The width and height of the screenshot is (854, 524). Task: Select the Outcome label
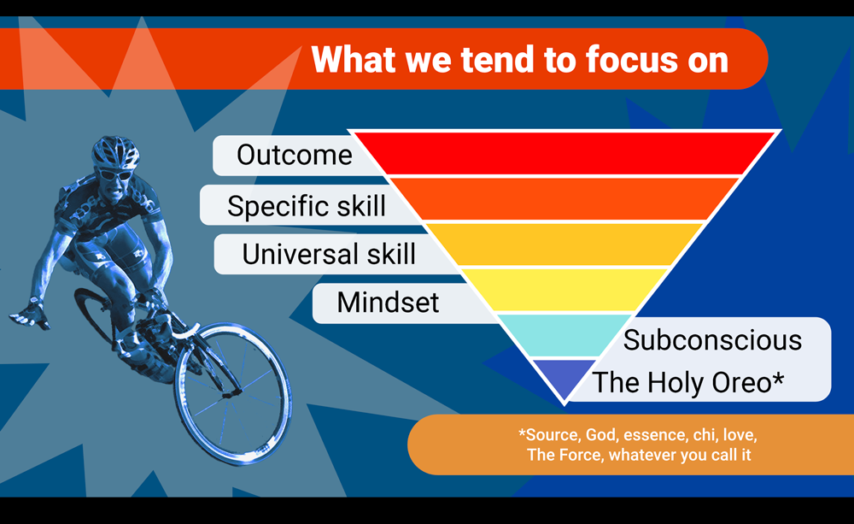pos(294,156)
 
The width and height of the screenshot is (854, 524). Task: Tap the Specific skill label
pos(306,206)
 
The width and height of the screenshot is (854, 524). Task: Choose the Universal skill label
pos(329,254)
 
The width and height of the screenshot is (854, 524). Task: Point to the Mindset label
pos(388,302)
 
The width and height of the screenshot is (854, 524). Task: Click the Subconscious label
pos(712,340)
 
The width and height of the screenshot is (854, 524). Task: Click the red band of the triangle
pos(566,154)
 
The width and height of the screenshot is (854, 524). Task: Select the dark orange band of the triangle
pos(565,199)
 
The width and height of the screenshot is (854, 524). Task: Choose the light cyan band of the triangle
pos(564,335)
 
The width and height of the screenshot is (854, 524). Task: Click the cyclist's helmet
pos(115,151)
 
